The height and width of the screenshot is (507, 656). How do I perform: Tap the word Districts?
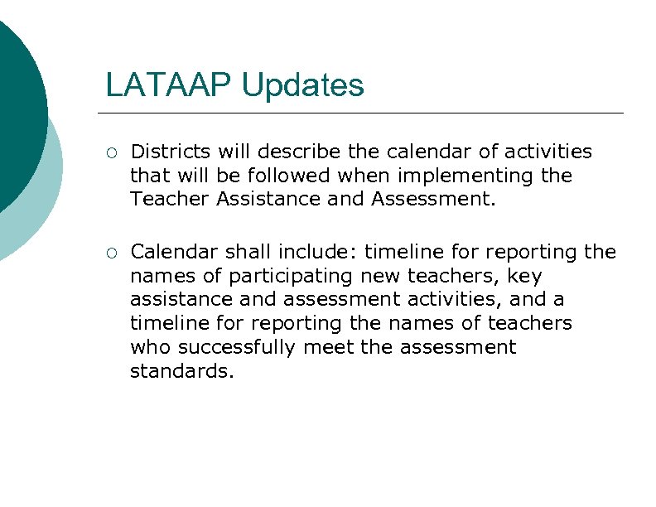171,152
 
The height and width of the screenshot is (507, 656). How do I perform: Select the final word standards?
182,371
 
